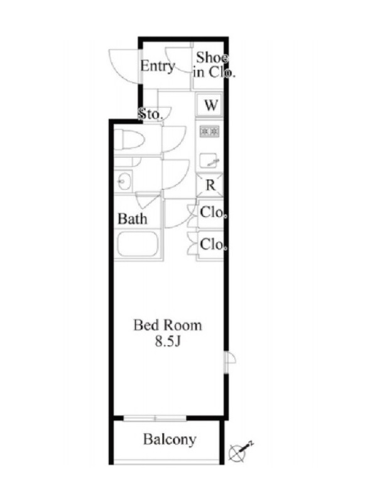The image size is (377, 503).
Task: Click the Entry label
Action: tap(158, 66)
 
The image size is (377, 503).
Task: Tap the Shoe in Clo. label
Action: tap(214, 65)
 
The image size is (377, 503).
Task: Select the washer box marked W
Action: tap(210, 104)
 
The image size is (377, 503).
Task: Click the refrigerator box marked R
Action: tap(210, 185)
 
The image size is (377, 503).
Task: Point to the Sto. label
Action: tap(150, 114)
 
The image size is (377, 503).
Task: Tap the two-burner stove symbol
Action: tap(210, 131)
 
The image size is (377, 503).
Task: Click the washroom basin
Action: tap(123, 182)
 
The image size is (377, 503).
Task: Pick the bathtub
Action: tap(138, 244)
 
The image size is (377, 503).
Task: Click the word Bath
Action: tap(133, 219)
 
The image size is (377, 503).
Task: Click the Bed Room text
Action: tap(168, 325)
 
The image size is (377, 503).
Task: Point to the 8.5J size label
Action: tap(168, 341)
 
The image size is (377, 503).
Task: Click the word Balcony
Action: tap(170, 439)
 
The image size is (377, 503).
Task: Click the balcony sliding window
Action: tap(155, 418)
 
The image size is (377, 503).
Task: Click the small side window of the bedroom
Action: tap(227, 362)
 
